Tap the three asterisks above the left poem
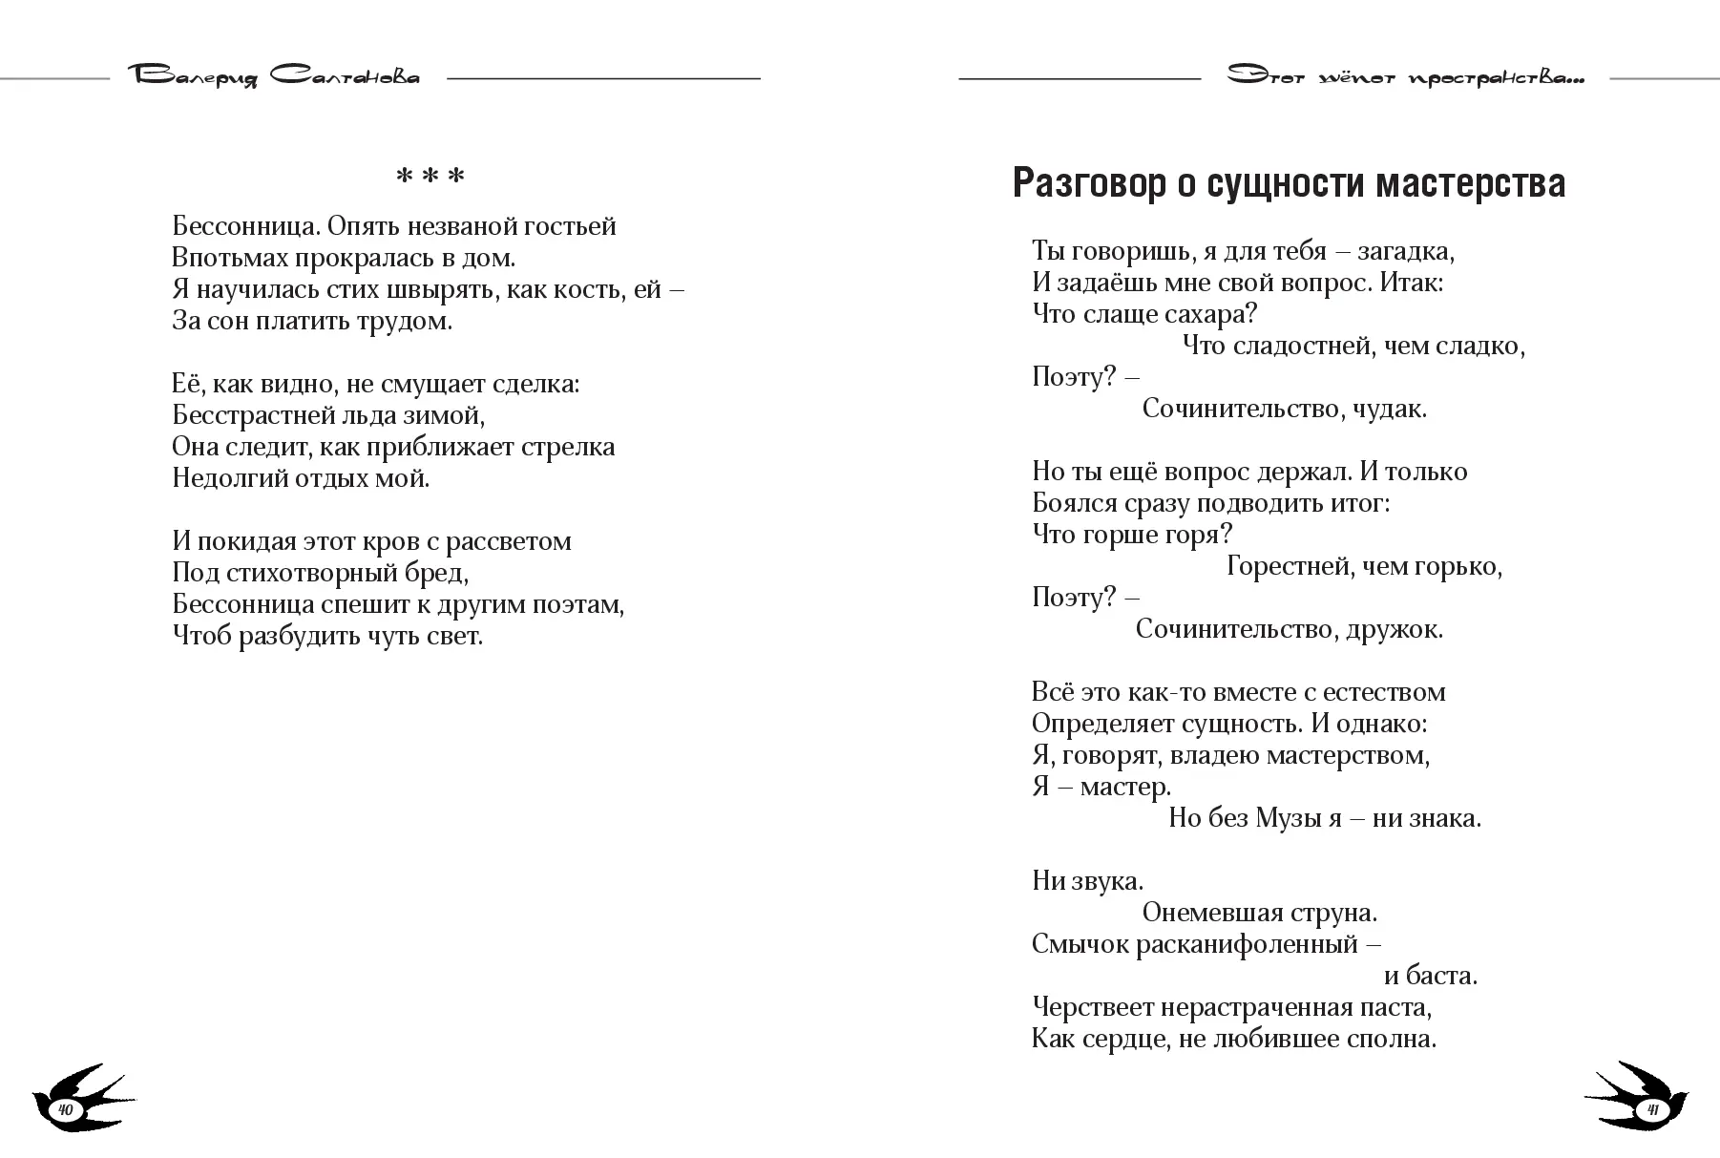point(430,178)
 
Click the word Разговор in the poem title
point(1088,183)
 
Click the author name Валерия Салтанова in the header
point(276,76)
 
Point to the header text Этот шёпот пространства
point(1405,77)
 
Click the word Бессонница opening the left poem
point(245,226)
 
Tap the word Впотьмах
point(228,258)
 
